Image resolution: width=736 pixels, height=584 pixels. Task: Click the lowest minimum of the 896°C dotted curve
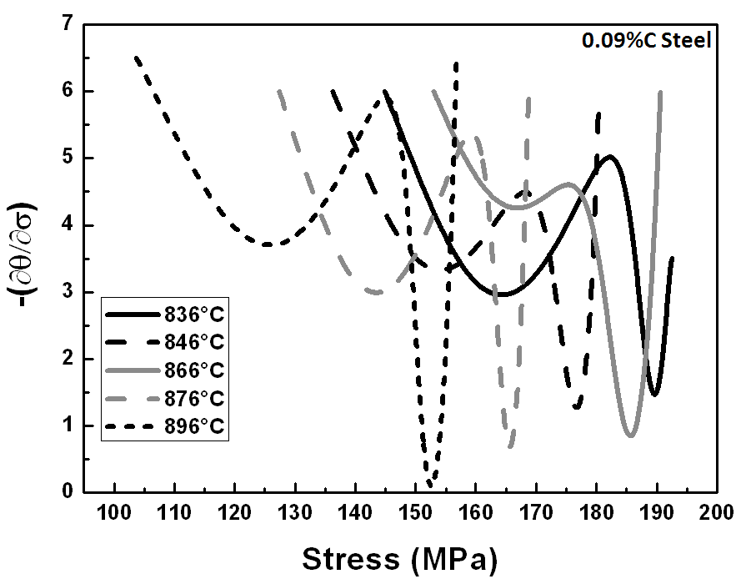point(430,484)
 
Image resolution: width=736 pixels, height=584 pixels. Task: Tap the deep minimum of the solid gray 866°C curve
point(632,435)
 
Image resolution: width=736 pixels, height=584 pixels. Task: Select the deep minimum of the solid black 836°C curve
point(655,395)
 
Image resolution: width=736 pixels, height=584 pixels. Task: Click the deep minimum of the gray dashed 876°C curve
point(511,446)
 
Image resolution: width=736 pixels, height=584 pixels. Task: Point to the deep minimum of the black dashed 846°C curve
point(577,408)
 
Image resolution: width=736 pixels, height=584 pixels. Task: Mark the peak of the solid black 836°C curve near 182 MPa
point(611,156)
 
